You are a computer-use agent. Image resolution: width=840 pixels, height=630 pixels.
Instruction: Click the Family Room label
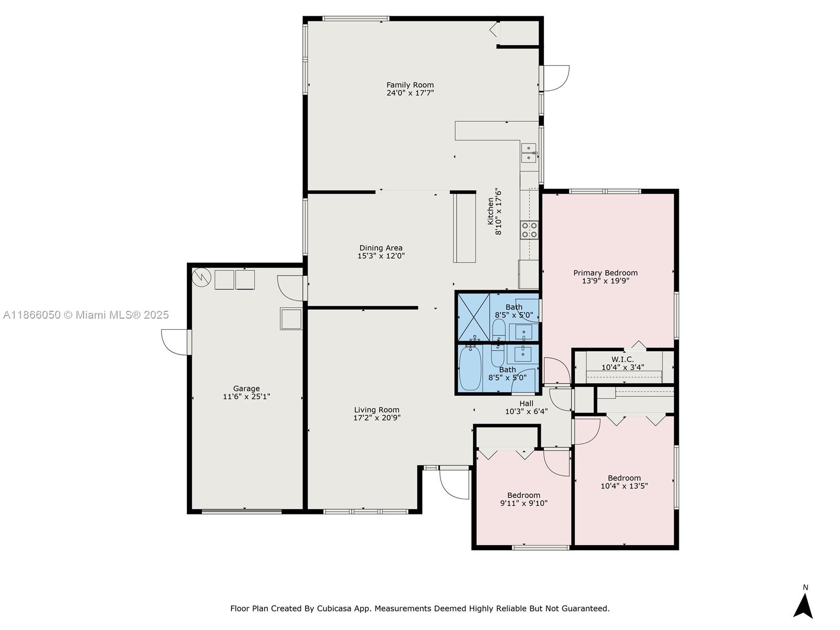click(x=410, y=85)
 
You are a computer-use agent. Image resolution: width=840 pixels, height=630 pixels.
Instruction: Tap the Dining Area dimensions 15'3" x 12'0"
click(x=381, y=256)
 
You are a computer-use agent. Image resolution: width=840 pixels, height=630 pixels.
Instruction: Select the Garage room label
click(x=246, y=388)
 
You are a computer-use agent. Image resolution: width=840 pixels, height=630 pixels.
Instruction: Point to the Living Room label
click(x=376, y=409)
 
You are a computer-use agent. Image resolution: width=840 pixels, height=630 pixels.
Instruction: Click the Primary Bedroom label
click(x=605, y=272)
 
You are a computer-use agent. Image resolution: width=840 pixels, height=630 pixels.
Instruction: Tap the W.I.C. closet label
click(x=622, y=359)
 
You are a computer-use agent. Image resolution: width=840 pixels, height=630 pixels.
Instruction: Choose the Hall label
click(x=526, y=403)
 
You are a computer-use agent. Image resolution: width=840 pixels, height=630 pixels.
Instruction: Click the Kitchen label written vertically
click(x=490, y=211)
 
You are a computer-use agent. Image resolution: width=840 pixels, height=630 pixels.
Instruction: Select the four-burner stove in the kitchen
click(x=529, y=230)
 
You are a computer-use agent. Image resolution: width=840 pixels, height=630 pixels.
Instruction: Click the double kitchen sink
click(x=529, y=153)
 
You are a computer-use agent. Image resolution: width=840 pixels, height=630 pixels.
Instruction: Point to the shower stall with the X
click(x=474, y=317)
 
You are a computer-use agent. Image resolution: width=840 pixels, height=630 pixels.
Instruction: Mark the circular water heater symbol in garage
click(x=201, y=277)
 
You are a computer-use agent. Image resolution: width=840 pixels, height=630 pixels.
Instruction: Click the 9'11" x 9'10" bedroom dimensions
click(x=523, y=503)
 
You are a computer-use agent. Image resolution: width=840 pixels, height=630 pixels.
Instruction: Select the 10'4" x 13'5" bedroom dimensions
click(x=624, y=486)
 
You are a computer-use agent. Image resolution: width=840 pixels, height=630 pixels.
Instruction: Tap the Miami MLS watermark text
click(x=86, y=315)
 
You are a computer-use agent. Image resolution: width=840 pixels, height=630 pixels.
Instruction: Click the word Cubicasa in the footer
click(x=334, y=608)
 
